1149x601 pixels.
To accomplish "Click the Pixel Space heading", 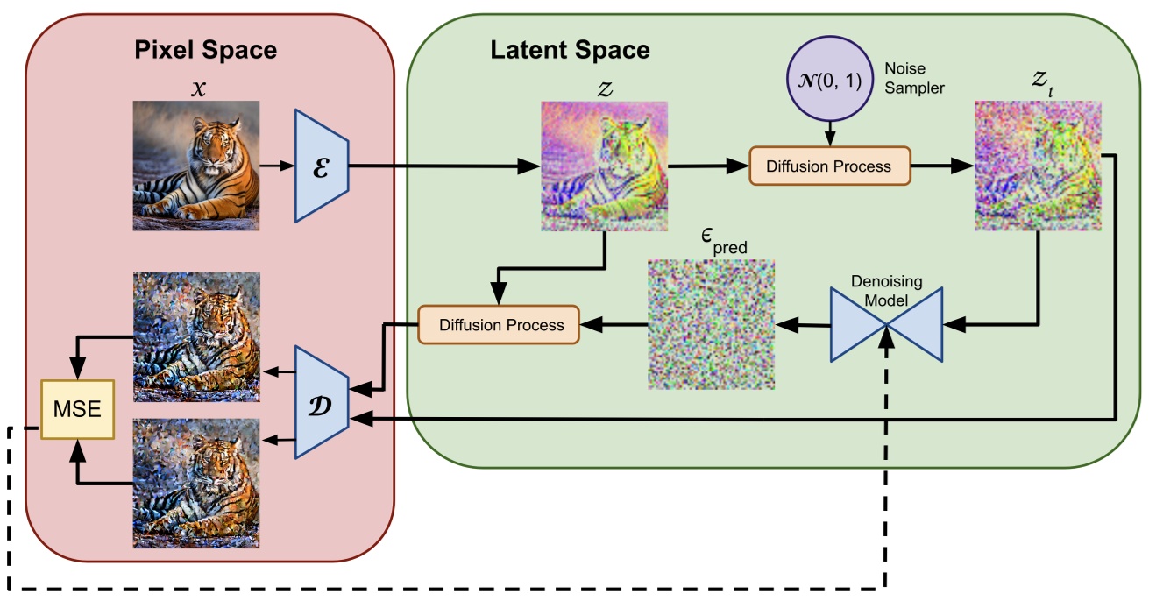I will click(x=205, y=50).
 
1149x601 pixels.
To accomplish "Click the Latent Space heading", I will click(x=569, y=50).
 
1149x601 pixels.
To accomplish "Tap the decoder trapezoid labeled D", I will click(x=322, y=401).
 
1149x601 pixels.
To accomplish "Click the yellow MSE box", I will click(x=78, y=410).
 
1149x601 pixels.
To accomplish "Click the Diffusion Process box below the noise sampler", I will click(x=829, y=166).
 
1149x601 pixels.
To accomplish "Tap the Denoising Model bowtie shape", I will click(x=887, y=325).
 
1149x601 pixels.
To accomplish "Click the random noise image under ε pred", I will click(x=711, y=324).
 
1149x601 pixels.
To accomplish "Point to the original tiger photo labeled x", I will click(x=195, y=165).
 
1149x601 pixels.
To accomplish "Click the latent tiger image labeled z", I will click(x=603, y=166).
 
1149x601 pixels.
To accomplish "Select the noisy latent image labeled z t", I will click(x=1038, y=166).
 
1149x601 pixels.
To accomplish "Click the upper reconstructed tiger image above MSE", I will click(x=195, y=336).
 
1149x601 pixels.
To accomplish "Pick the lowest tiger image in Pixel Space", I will click(x=195, y=483).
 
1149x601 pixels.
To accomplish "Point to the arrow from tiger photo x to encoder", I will click(x=277, y=165).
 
